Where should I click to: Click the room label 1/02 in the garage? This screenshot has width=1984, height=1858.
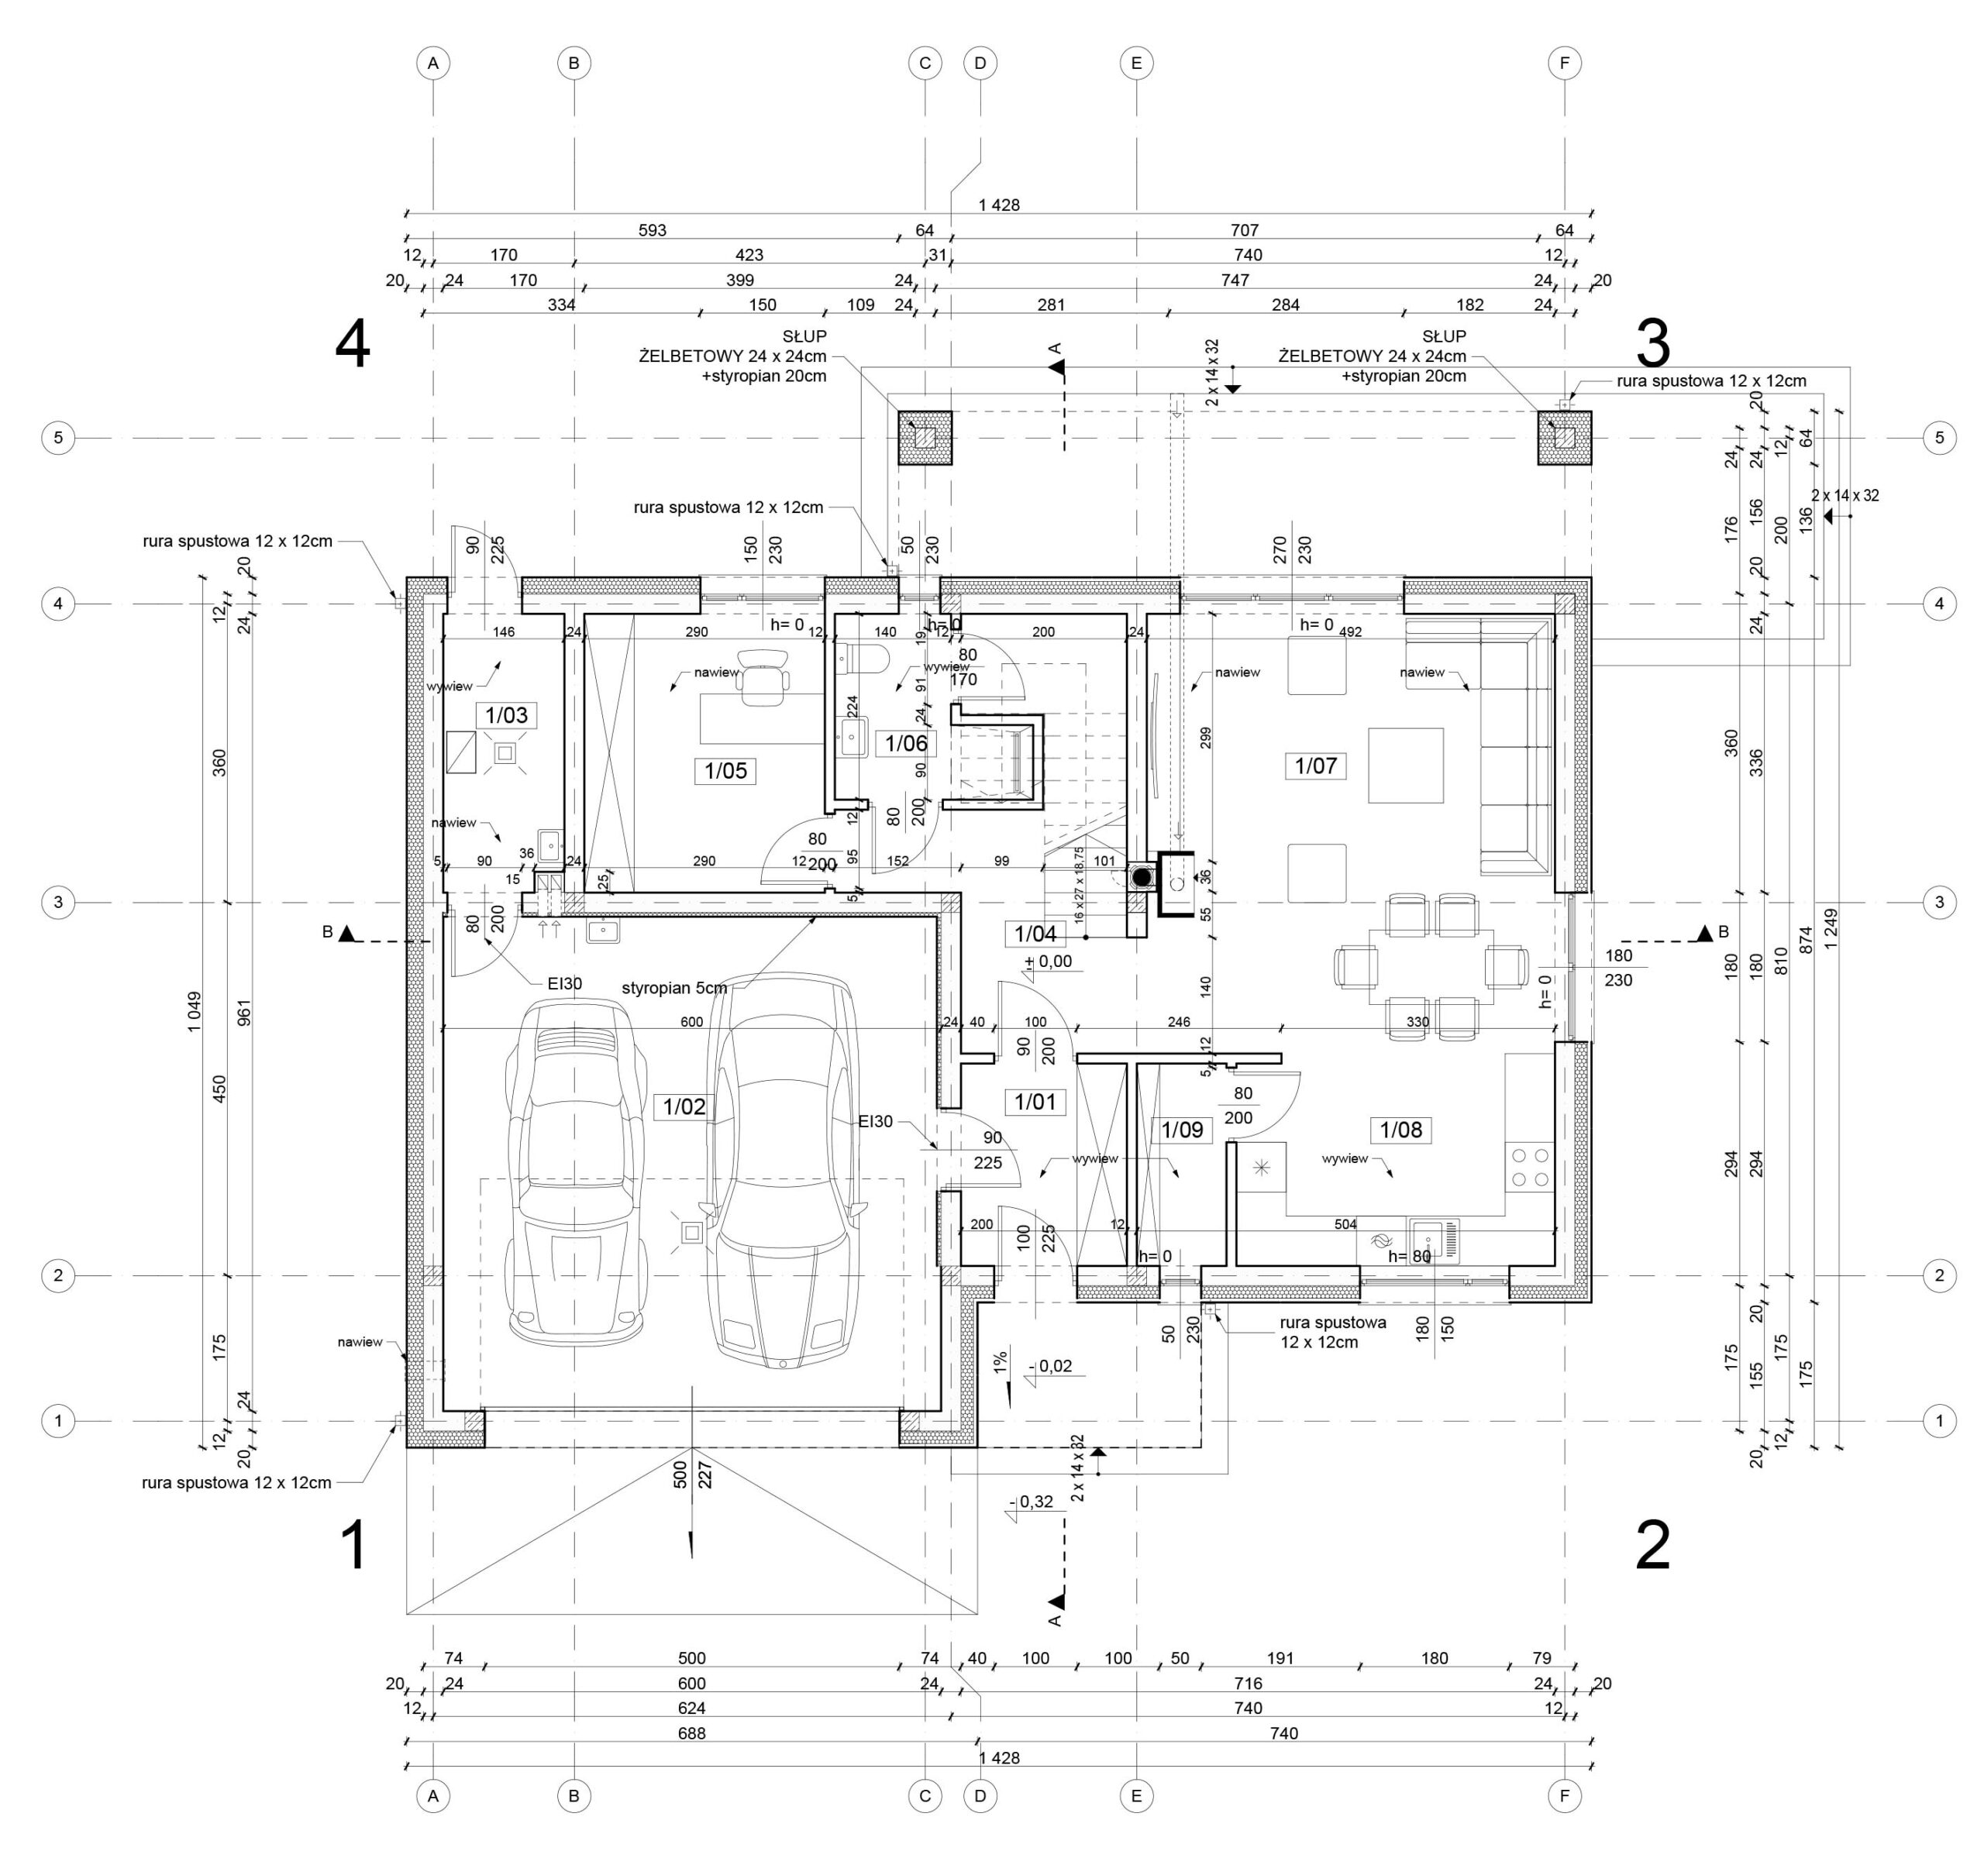[684, 1106]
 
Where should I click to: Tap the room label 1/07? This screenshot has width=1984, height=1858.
[1315, 766]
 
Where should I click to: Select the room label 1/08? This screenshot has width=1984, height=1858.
[1401, 1130]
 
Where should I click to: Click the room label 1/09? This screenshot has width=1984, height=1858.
[1183, 1130]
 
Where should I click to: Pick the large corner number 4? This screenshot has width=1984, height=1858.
[353, 346]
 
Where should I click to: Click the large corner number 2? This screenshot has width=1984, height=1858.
[1652, 1547]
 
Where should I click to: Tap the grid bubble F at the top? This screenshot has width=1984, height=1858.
[1564, 63]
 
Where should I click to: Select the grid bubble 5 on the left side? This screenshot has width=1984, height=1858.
[58, 437]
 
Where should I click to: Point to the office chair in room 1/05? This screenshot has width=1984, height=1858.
[762, 680]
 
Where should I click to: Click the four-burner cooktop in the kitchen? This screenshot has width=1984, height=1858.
[1530, 1168]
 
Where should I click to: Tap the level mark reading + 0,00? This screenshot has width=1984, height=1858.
[1049, 961]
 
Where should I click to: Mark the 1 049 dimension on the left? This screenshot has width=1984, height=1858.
[194, 1012]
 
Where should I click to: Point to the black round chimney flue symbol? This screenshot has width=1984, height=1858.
[1141, 878]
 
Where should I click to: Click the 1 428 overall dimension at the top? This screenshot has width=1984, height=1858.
[999, 205]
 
